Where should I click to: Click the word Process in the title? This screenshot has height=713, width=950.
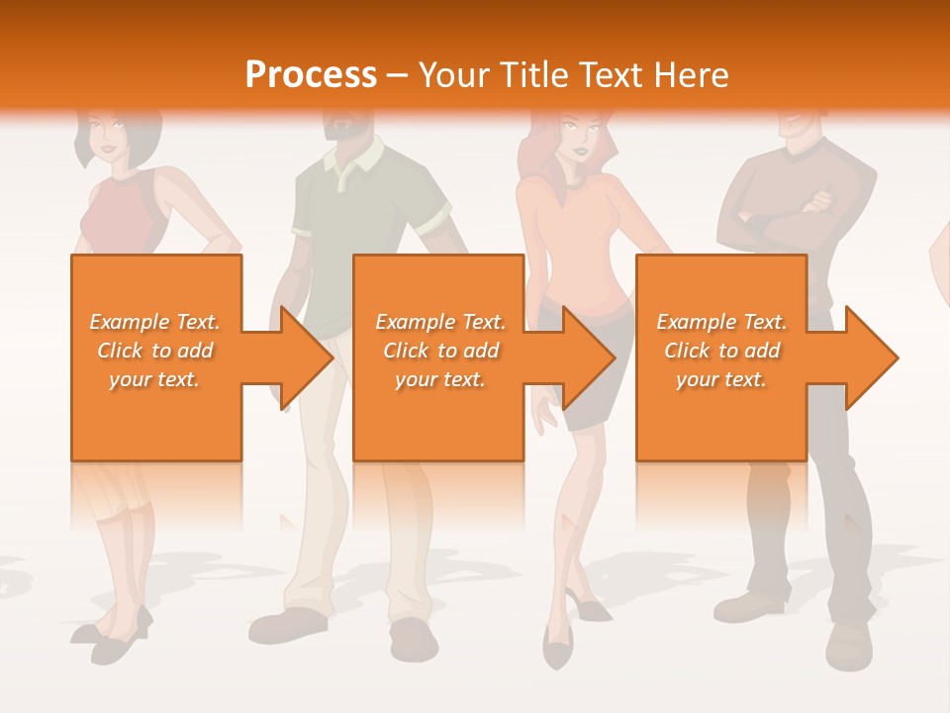coord(311,75)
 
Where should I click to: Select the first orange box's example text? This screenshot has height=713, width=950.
coord(155,351)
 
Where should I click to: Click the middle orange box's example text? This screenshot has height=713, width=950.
coord(439,351)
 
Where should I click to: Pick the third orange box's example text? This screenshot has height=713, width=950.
coord(721,351)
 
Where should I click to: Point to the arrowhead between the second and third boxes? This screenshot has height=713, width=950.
coord(588,357)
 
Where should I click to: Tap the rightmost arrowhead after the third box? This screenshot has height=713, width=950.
coord(870,357)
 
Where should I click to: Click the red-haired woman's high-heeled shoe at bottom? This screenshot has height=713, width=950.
coord(557,649)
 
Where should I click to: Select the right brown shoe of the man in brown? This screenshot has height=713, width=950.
coord(848,644)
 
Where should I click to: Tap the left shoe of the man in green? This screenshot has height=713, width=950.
coord(287,626)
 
